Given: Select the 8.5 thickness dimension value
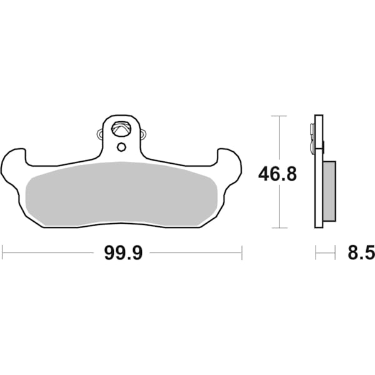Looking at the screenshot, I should pyautogui.click(x=360, y=253).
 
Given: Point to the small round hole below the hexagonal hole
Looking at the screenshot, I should pyautogui.click(x=121, y=147).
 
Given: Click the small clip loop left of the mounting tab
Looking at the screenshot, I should pyautogui.click(x=99, y=134).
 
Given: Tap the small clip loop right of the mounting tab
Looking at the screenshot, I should pyautogui.click(x=143, y=134).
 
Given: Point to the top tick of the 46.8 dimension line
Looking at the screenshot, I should pyautogui.click(x=278, y=116).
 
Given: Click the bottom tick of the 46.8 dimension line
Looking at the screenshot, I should pyautogui.click(x=278, y=227).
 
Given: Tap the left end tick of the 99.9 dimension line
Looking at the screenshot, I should pyautogui.click(x=2, y=253).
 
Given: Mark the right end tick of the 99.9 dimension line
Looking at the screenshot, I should pyautogui.click(x=241, y=253).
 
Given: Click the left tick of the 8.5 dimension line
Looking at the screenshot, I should pyautogui.click(x=316, y=253).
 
